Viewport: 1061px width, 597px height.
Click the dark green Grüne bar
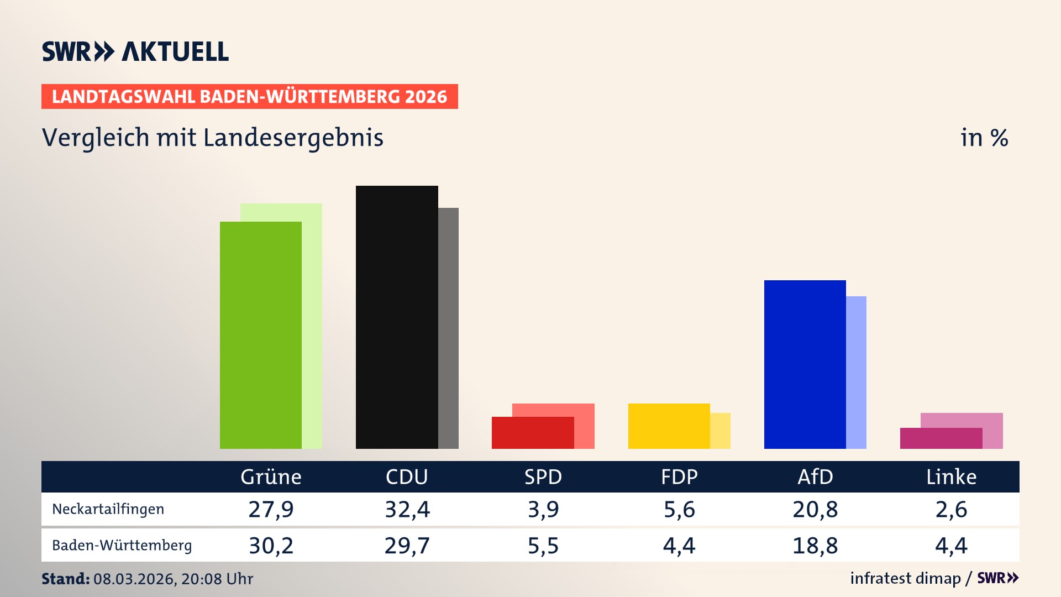click(260, 335)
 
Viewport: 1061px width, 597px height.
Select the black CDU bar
click(396, 317)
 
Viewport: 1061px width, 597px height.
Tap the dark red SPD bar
click(532, 433)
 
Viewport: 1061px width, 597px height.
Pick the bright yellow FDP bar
click(669, 426)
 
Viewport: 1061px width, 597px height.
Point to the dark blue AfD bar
click(805, 364)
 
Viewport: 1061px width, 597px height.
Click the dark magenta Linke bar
click(941, 438)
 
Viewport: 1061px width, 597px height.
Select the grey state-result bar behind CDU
click(448, 328)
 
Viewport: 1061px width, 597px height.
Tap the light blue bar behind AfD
click(856, 373)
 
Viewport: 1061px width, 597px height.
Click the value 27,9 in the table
click(271, 509)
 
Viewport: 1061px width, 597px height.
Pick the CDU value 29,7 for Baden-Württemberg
click(407, 546)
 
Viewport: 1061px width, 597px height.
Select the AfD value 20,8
click(815, 509)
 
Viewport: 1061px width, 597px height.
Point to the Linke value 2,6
click(951, 509)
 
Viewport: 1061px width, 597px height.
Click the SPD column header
click(543, 477)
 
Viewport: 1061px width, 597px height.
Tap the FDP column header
click(679, 477)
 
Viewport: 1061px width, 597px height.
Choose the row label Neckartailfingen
click(108, 509)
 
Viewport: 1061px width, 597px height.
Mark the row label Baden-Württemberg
click(122, 546)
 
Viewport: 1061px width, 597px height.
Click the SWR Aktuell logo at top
click(135, 51)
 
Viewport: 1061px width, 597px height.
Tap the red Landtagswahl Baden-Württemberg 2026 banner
click(249, 97)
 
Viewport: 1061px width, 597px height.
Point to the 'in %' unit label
click(984, 138)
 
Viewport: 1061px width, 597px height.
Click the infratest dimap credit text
click(905, 578)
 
